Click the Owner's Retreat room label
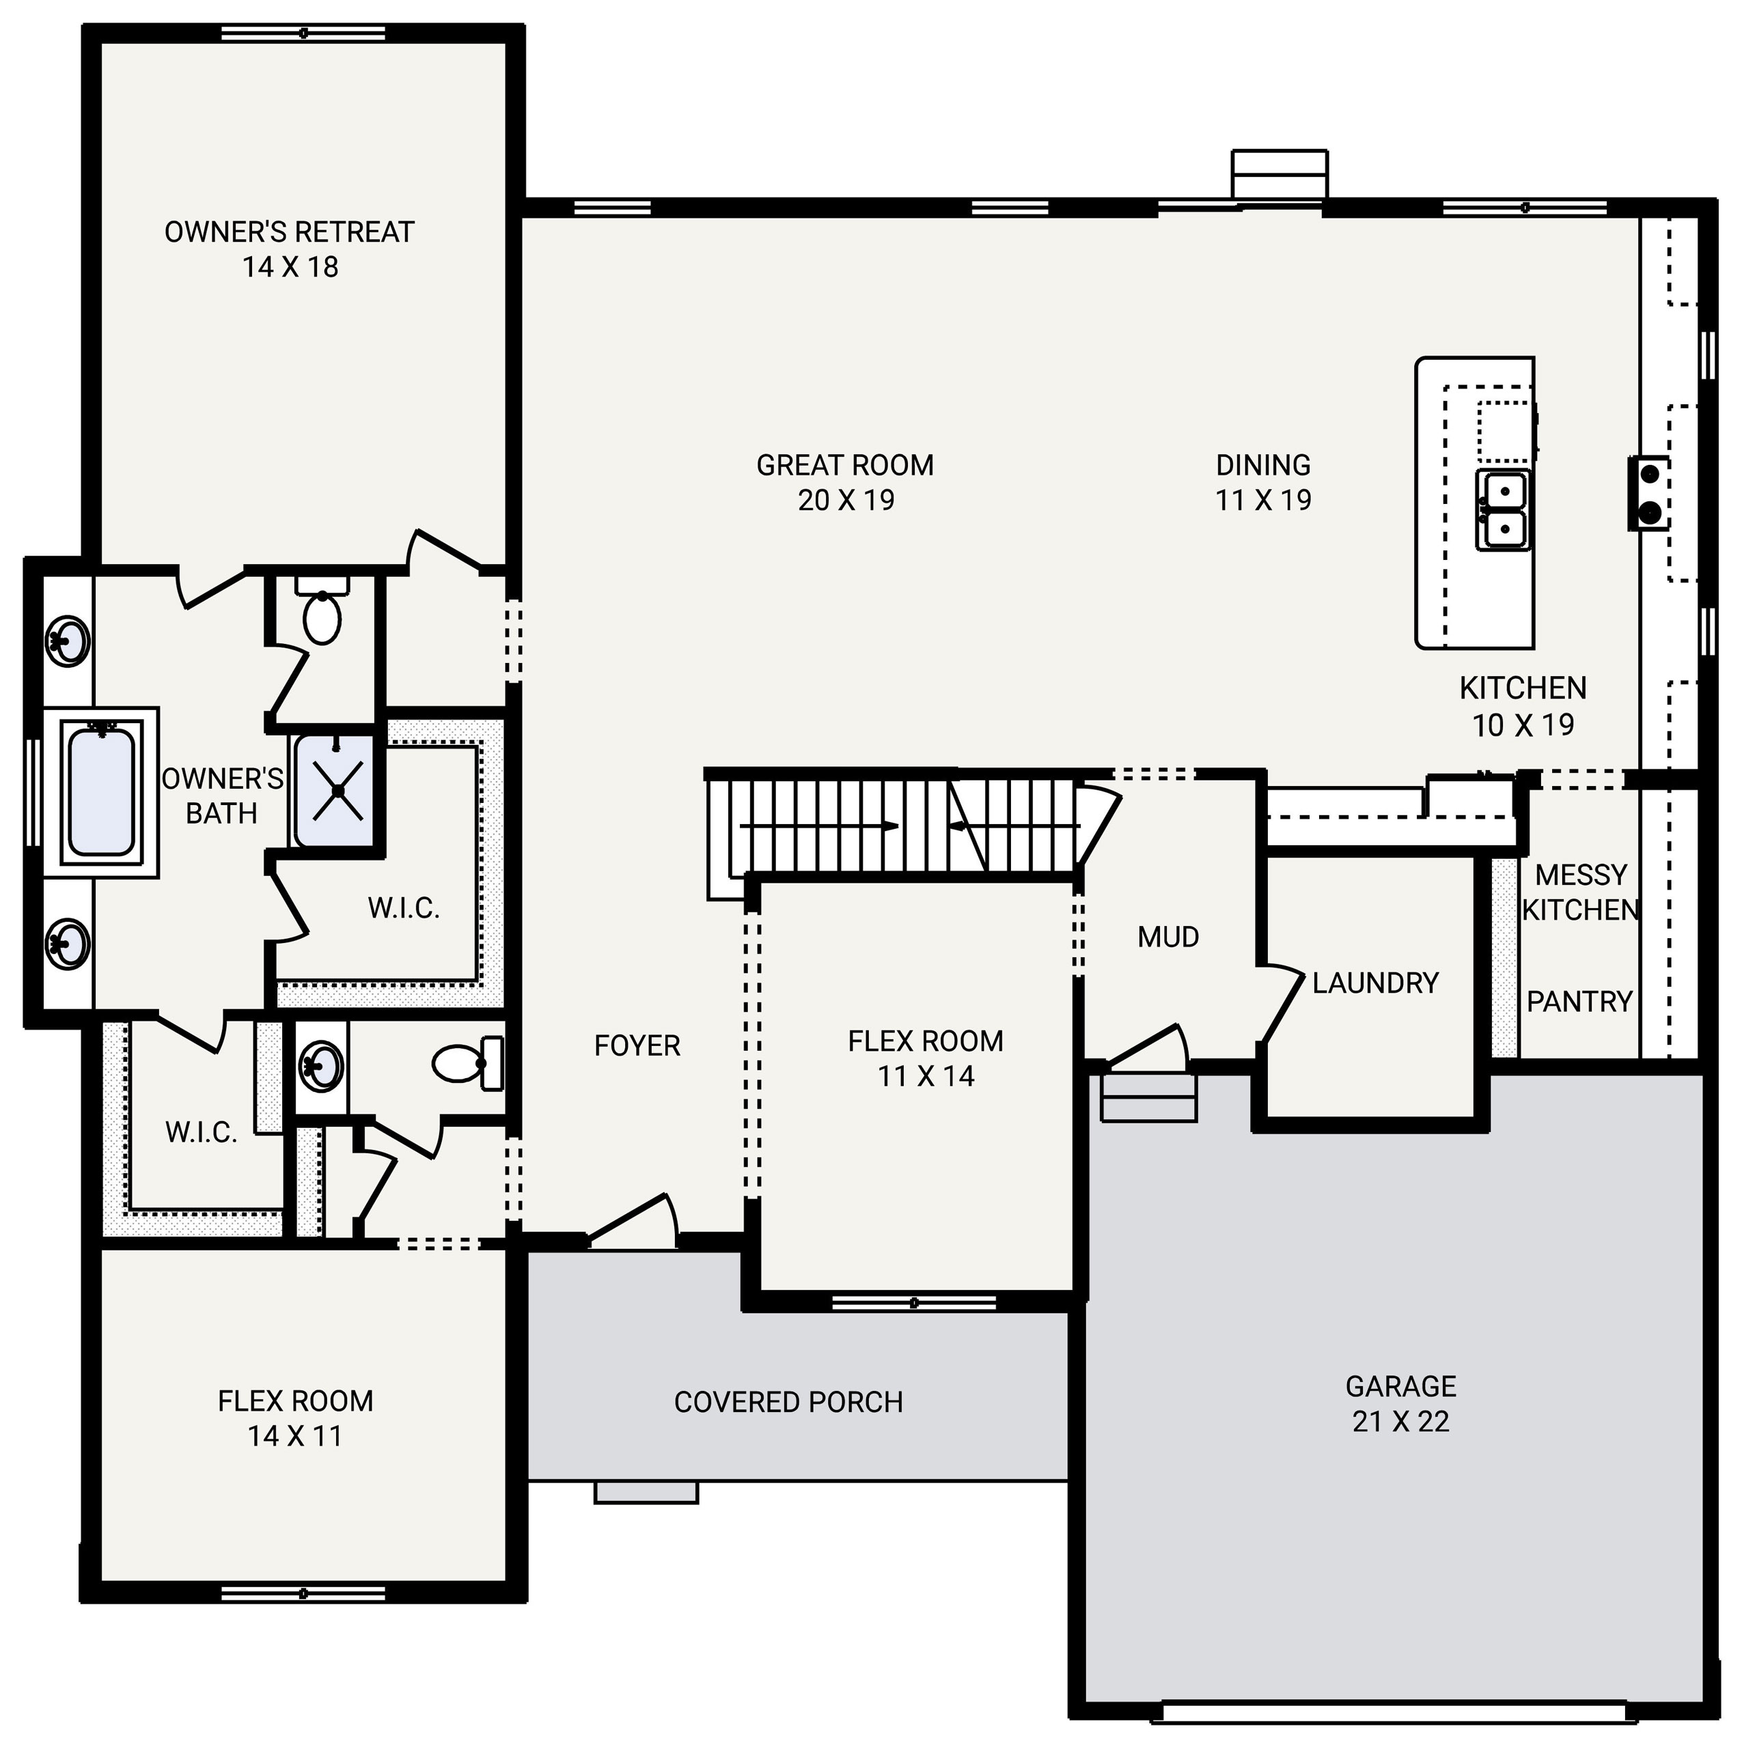tap(290, 249)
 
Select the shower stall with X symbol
tap(337, 791)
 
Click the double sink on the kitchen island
tap(1504, 509)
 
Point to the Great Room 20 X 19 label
tap(845, 482)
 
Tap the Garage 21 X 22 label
tap(1400, 1403)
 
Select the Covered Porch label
tap(788, 1402)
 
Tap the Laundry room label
tap(1374, 983)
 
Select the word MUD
tap(1167, 936)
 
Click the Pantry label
tap(1579, 1001)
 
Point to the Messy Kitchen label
tap(1580, 892)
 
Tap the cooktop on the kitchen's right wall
tap(1649, 493)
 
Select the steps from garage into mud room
tap(1148, 1097)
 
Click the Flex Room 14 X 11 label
tap(295, 1418)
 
